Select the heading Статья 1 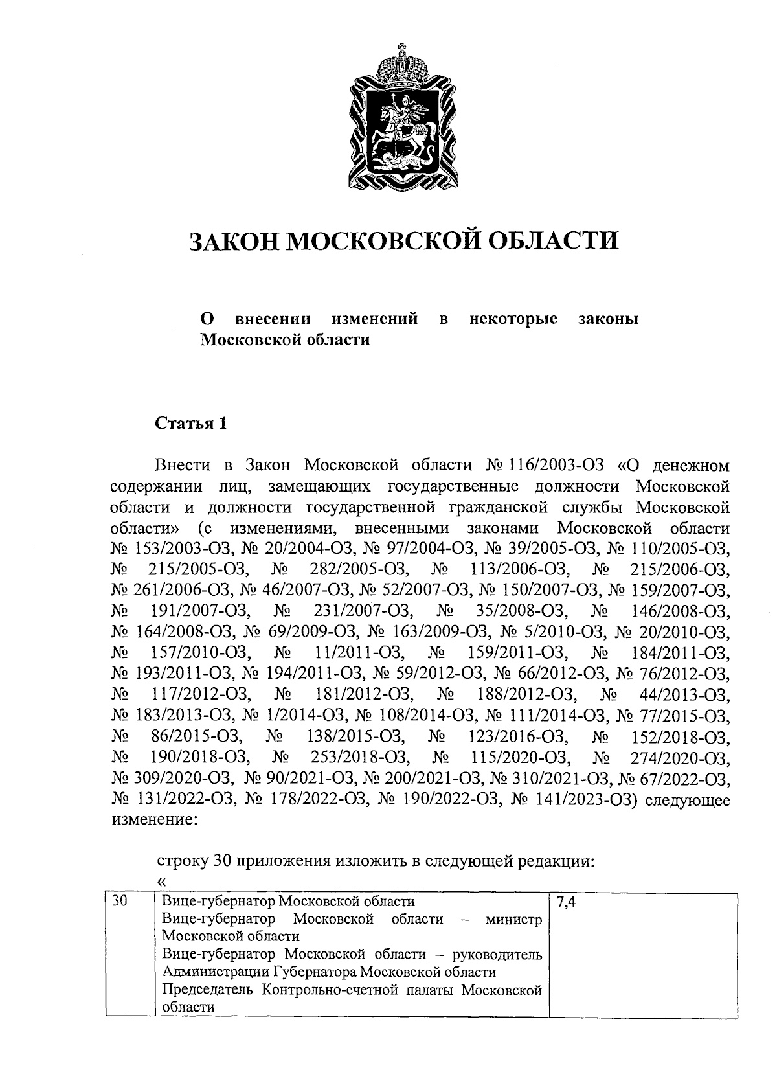pyautogui.click(x=191, y=424)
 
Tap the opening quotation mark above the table pyautogui.click(x=161, y=880)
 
